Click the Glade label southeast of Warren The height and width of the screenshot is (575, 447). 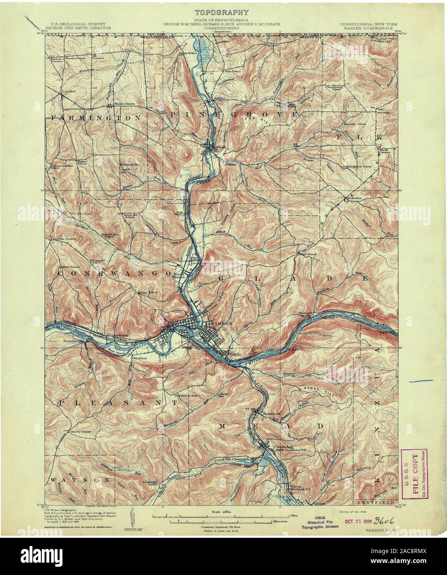[x=235, y=354]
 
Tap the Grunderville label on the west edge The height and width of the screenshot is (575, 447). [x=62, y=341]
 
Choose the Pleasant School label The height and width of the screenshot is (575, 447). [x=185, y=395]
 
